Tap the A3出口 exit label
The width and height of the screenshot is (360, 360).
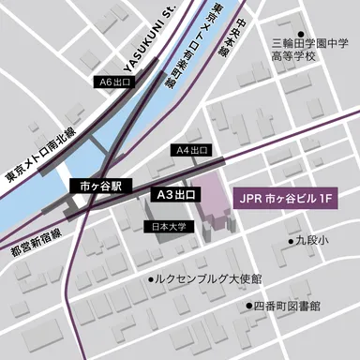tap(176, 195)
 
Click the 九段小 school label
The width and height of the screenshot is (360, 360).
tap(313, 241)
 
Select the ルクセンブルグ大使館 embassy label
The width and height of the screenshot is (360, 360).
tap(209, 279)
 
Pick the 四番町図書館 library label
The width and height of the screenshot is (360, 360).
tap(287, 306)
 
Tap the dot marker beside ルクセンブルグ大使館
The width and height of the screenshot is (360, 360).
tap(151, 279)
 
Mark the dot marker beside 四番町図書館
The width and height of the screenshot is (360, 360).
tap(247, 306)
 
